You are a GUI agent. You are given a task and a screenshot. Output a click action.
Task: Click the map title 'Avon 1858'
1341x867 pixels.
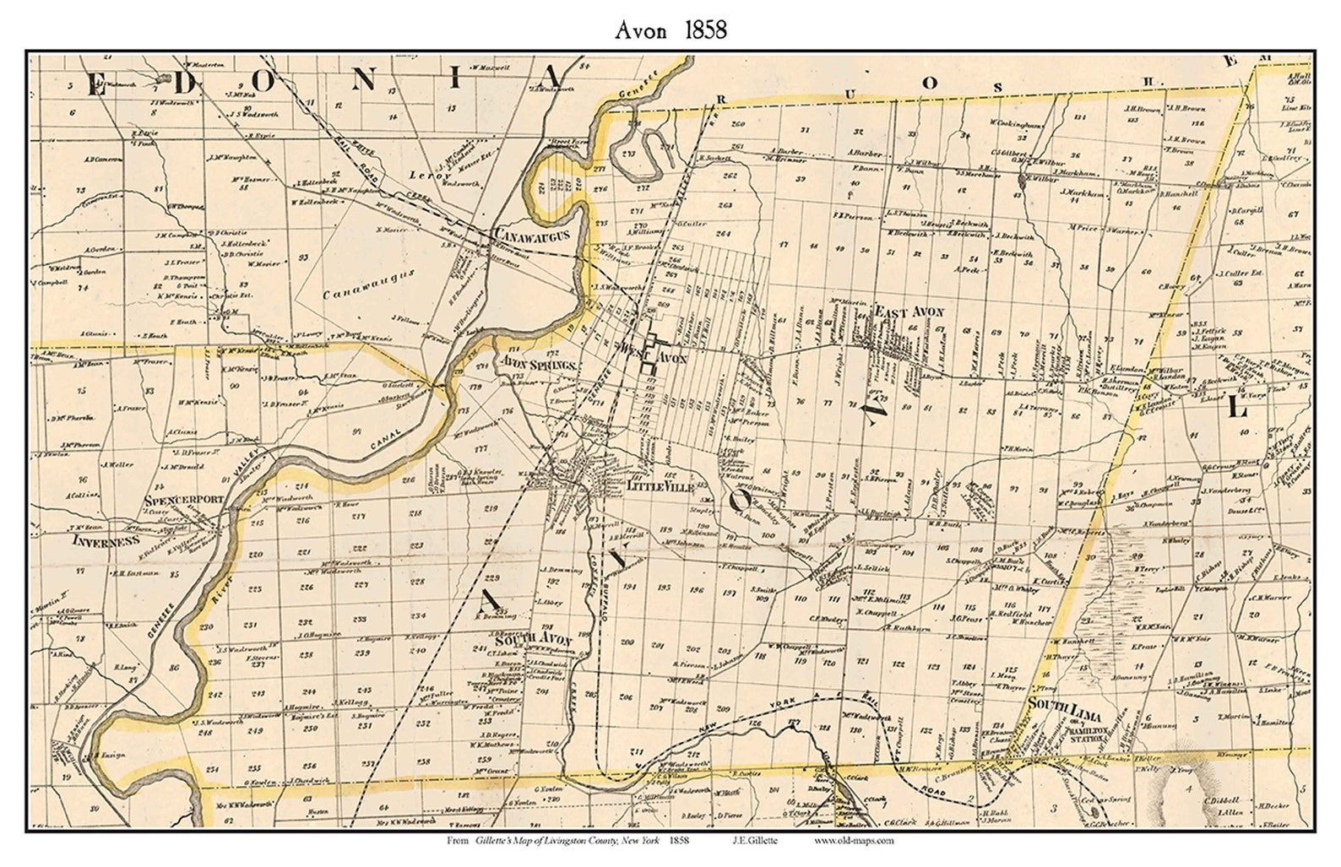click(x=670, y=30)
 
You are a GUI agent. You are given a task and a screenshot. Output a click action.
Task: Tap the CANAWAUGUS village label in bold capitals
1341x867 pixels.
click(x=533, y=234)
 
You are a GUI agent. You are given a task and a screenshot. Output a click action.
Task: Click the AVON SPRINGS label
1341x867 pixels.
click(x=538, y=365)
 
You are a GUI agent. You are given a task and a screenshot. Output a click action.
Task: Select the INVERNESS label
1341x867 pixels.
click(x=105, y=539)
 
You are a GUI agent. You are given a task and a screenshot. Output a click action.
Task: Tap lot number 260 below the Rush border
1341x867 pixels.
click(x=740, y=125)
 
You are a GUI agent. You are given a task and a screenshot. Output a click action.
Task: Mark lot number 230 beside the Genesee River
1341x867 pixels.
click(x=205, y=626)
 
